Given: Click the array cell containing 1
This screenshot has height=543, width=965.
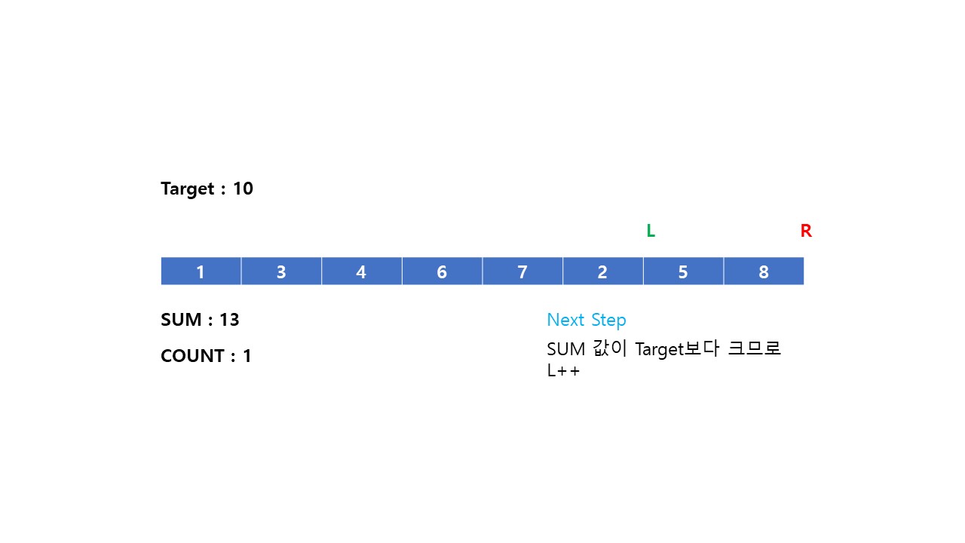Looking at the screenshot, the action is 201,271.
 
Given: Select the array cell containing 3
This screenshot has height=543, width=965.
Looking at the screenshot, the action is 281,271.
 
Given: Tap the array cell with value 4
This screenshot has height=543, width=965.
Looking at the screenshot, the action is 361,271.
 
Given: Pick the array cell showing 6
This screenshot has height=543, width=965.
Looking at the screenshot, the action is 442,271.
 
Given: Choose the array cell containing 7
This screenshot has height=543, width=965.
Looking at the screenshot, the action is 522,271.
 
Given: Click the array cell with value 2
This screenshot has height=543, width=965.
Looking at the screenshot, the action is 602,271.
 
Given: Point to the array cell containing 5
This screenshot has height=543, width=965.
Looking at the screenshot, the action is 683,271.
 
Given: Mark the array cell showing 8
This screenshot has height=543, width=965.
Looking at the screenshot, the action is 764,271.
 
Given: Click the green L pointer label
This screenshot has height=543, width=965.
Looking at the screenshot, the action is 651,232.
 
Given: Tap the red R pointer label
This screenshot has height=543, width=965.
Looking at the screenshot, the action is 806,232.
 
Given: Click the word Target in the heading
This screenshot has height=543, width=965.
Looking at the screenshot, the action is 188,189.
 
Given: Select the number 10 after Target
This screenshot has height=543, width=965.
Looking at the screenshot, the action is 243,189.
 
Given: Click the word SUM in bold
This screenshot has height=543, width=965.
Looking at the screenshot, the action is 182,320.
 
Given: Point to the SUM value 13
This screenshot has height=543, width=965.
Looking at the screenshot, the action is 229,320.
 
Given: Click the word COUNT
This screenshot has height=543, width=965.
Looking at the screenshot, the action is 192,356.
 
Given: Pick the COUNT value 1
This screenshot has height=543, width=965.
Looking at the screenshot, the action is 247,356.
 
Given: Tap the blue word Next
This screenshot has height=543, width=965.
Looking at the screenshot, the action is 565,320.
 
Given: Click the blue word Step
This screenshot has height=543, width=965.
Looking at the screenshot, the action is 608,320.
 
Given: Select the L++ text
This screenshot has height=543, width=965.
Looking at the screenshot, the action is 563,371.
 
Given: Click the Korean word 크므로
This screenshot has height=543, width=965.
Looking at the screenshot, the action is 754,349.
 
